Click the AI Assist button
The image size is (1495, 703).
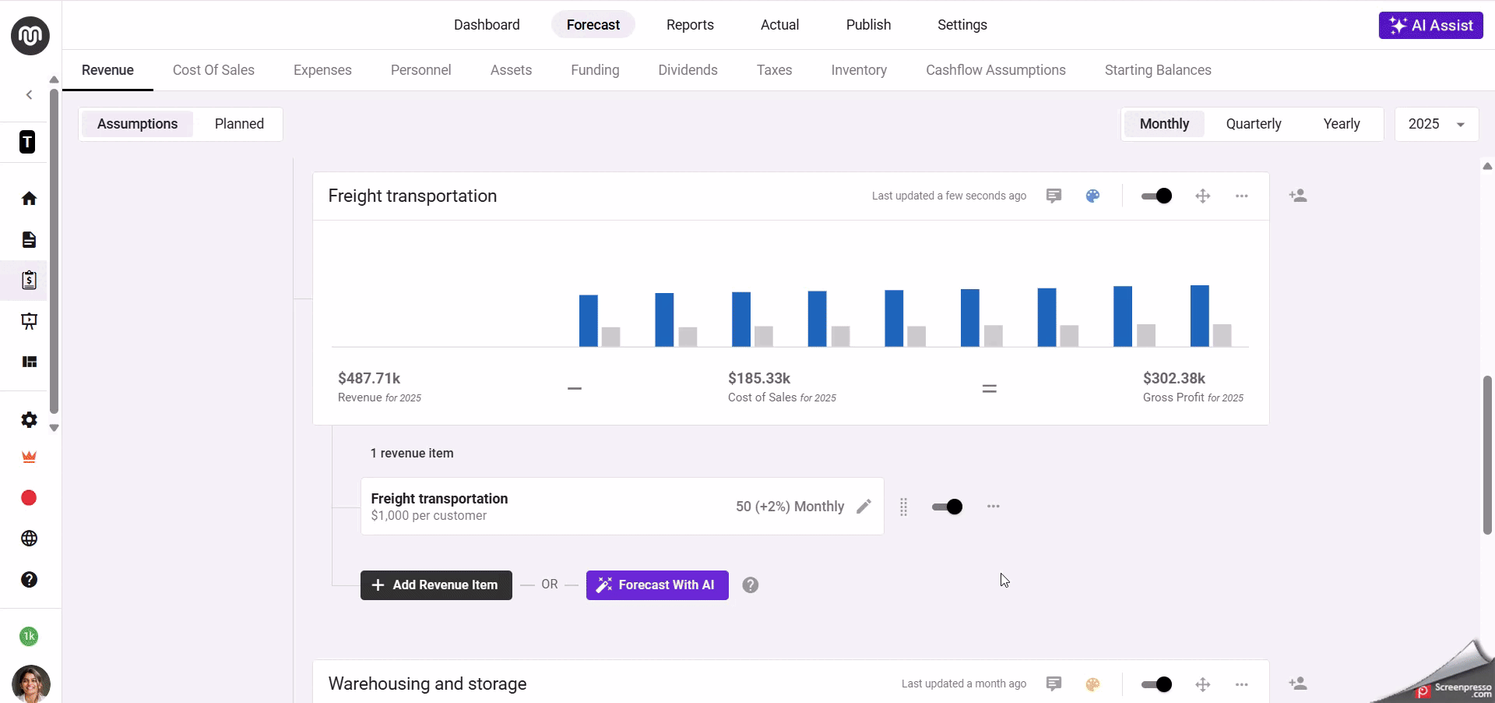click(1430, 25)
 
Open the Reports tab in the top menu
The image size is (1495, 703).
click(690, 25)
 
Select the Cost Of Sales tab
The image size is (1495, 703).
click(213, 70)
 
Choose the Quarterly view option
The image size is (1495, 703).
click(1253, 124)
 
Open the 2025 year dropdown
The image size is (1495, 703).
click(1436, 124)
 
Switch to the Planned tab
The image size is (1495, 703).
click(239, 124)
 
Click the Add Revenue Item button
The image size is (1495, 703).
click(436, 585)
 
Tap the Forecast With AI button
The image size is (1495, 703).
click(657, 585)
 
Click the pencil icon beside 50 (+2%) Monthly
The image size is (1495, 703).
click(864, 507)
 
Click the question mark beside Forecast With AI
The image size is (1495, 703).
click(751, 585)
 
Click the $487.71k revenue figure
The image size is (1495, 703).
click(369, 379)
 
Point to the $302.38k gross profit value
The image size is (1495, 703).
click(1173, 379)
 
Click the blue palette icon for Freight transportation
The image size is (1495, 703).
click(1092, 196)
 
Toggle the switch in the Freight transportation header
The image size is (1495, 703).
click(1156, 196)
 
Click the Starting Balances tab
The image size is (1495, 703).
click(1158, 70)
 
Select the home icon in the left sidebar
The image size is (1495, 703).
click(29, 199)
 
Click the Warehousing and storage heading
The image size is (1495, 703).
click(427, 684)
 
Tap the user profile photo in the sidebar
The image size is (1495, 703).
click(30, 684)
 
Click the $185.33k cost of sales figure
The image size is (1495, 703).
click(759, 379)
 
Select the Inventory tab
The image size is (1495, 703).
click(859, 70)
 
